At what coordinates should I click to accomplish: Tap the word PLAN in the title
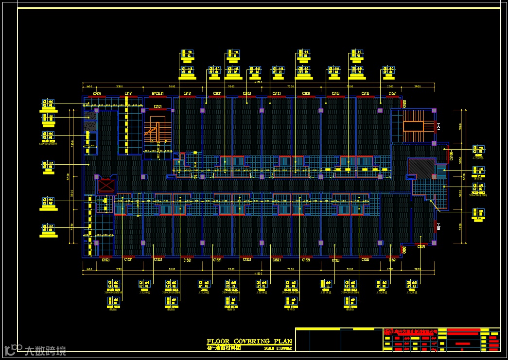[x=282, y=342]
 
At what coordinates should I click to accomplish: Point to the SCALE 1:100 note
[x=278, y=348]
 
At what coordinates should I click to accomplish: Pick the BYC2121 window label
[x=158, y=93]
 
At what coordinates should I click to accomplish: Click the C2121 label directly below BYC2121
[x=158, y=106]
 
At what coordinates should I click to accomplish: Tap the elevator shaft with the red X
[x=105, y=186]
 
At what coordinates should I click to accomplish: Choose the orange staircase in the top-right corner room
[x=413, y=126]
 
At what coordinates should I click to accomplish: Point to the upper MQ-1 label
[x=439, y=127]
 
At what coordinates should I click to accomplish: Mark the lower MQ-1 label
[x=439, y=226]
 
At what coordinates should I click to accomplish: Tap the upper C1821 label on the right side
[x=404, y=103]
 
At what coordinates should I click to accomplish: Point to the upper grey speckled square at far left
[x=90, y=116]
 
